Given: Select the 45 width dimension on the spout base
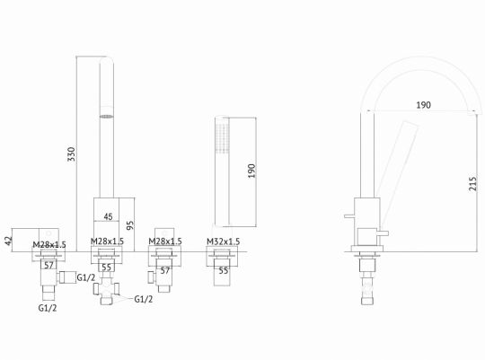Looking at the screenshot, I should pyautogui.click(x=107, y=215).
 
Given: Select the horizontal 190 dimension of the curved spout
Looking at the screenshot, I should pyautogui.click(x=423, y=105).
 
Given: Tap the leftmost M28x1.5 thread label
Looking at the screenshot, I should pyautogui.click(x=49, y=242).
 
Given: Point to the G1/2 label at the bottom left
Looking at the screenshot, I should pyautogui.click(x=47, y=308).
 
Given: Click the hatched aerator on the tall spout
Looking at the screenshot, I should pyautogui.click(x=107, y=116).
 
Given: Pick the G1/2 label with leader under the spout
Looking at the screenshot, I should pyautogui.click(x=143, y=299).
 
